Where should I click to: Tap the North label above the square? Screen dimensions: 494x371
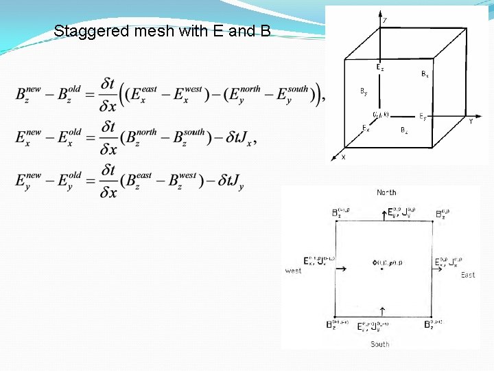pyautogui.click(x=386, y=192)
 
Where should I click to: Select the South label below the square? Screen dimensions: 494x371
pyautogui.click(x=379, y=344)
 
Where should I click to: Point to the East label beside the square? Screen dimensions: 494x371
pyautogui.click(x=468, y=275)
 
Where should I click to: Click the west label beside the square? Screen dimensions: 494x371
pyautogui.click(x=293, y=271)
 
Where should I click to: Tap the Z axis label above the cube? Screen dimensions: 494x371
pyautogui.click(x=384, y=21)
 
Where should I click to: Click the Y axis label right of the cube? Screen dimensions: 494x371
pyautogui.click(x=471, y=122)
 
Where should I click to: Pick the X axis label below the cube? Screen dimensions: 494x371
pyautogui.click(x=344, y=157)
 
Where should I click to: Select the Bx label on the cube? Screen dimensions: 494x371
pyautogui.click(x=425, y=75)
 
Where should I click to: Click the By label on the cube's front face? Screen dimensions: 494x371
pyautogui.click(x=364, y=91)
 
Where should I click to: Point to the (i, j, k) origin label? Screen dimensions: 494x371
pyautogui.click(x=381, y=114)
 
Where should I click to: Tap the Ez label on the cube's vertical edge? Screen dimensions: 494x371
pyautogui.click(x=379, y=67)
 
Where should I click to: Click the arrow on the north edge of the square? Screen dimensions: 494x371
pyautogui.click(x=383, y=216)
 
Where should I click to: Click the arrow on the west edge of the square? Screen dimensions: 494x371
pyautogui.click(x=342, y=269)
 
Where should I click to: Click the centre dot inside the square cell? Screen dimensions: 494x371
pyautogui.click(x=383, y=269)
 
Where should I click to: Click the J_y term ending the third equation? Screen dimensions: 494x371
pyautogui.click(x=236, y=183)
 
